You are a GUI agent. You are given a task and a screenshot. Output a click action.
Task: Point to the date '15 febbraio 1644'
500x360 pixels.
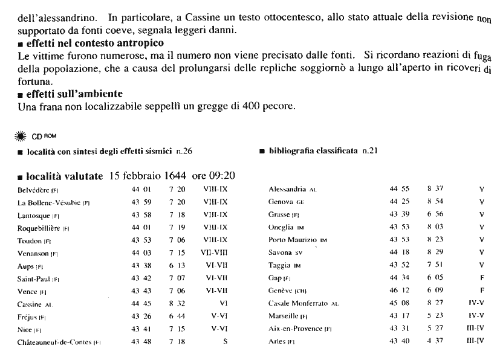pyautogui.click(x=147, y=176)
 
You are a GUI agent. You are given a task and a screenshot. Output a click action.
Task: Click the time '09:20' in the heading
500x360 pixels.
pyautogui.click(x=221, y=176)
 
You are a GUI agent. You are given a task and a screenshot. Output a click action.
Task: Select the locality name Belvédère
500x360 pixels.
pyautogui.click(x=36, y=190)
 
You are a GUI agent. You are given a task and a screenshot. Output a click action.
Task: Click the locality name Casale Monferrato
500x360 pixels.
pyautogui.click(x=299, y=303)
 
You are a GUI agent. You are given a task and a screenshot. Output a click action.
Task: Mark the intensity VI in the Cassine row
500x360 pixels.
pyautogui.click(x=223, y=303)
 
